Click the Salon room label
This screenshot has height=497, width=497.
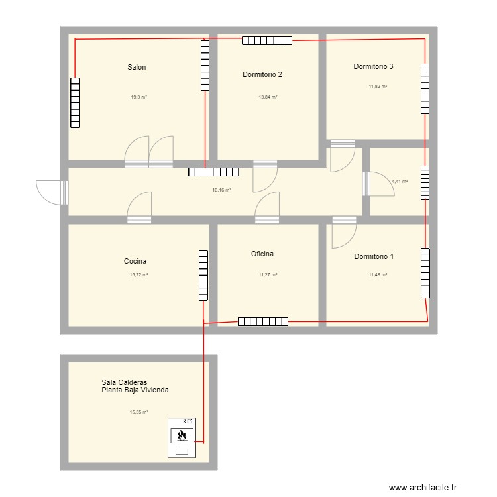137,67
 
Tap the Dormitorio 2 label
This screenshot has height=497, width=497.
262,74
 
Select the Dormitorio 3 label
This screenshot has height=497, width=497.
373,66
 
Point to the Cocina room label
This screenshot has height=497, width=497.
135,262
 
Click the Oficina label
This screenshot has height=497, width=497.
262,254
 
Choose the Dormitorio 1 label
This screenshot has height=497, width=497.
373,256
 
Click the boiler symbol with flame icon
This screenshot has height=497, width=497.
182,435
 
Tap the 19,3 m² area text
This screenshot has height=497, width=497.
138,97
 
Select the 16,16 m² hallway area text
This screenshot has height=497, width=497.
221,190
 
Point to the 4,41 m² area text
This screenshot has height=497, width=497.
400,181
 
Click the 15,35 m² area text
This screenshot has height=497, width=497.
138,412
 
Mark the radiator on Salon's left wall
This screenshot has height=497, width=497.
75,103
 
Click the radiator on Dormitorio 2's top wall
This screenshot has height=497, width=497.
266,41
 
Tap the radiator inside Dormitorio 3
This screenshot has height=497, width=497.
425,88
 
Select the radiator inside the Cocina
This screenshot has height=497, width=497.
203,275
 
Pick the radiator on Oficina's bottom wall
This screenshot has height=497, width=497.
263,322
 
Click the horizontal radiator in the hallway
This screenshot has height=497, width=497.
213,172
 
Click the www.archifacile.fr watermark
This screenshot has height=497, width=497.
423,488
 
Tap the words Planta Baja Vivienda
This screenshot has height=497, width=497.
135,390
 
